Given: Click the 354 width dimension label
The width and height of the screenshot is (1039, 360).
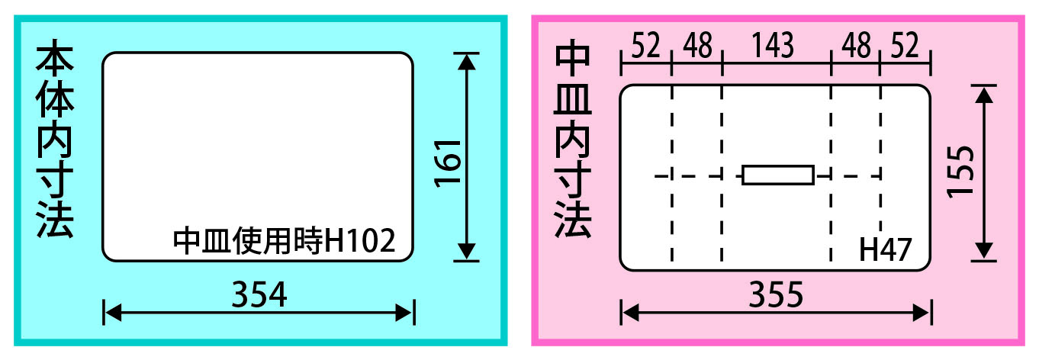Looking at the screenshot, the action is click(259, 294).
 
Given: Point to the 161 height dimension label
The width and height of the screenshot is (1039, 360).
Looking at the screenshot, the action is click(448, 163).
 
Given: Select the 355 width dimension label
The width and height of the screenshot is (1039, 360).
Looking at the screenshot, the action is click(776, 294).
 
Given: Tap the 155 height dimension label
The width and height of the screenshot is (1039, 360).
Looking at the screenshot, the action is click(960, 172).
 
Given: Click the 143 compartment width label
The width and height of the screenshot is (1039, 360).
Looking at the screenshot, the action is click(773, 46).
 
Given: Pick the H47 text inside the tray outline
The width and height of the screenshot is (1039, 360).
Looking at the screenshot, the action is click(885, 249).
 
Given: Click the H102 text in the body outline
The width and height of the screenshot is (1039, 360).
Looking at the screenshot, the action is click(359, 240).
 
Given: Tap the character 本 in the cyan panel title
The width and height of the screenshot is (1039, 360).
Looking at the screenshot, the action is click(55, 57).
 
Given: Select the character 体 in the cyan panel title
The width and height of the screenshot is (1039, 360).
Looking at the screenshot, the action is click(55, 98).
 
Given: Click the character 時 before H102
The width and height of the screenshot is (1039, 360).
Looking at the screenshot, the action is click(307, 240).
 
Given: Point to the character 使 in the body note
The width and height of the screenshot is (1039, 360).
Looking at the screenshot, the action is click(247, 240).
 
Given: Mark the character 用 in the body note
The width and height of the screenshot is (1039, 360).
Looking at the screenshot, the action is click(278, 240).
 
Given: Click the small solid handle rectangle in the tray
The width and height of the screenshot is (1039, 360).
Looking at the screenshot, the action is click(778, 175).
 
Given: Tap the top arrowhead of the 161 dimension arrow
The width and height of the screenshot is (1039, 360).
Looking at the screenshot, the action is click(466, 62).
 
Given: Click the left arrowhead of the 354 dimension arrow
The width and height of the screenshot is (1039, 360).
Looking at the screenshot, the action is click(113, 313).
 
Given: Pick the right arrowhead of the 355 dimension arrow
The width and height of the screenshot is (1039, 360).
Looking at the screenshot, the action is click(922, 313).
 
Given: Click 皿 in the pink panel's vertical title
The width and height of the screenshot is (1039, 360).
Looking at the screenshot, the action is click(573, 98).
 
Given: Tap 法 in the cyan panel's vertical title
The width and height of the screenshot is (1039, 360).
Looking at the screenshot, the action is click(55, 220).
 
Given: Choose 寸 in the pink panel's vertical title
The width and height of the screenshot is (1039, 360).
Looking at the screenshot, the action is click(573, 179).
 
